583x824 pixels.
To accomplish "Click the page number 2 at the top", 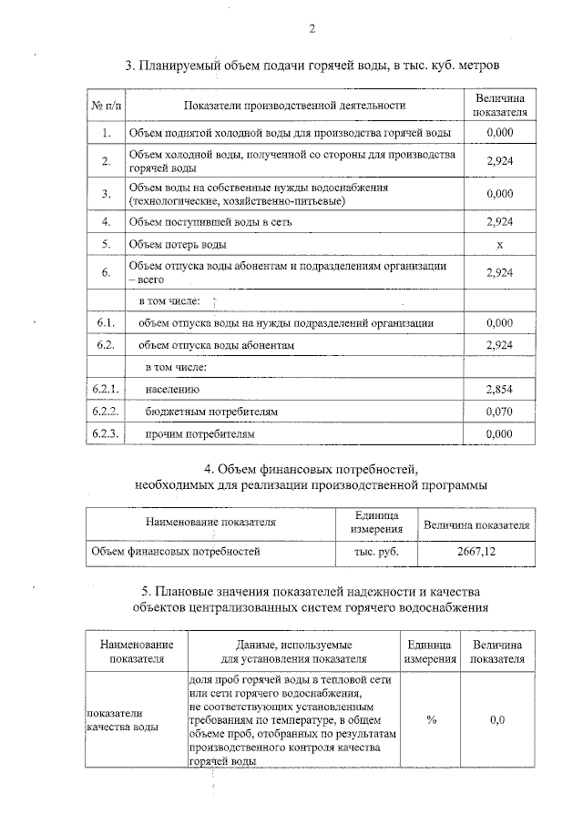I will click(x=312, y=29).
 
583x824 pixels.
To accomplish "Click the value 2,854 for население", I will click(x=500, y=390).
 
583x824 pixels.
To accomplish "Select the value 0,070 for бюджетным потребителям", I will click(x=500, y=412).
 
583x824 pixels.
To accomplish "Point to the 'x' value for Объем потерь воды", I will click(x=500, y=244).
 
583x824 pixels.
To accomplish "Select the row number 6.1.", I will click(x=106, y=322).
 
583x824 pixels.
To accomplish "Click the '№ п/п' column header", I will click(x=106, y=107).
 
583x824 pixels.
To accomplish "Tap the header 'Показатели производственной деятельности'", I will click(x=293, y=107).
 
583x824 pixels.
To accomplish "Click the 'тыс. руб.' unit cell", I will click(x=376, y=551).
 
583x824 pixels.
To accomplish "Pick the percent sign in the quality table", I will click(x=431, y=719).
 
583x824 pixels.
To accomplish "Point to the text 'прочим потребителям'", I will click(x=200, y=435).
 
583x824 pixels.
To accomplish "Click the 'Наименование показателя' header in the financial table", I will click(x=210, y=523).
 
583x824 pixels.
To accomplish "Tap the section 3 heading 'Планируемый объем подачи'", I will click(x=312, y=66).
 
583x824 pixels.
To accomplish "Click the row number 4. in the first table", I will click(x=106, y=221).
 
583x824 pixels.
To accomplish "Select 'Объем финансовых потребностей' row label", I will click(x=176, y=551).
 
